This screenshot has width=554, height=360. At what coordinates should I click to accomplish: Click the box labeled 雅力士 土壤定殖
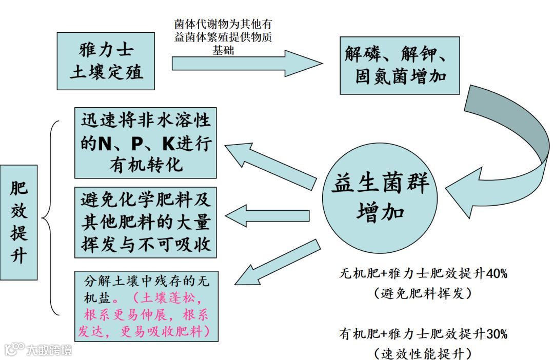pos(106,61)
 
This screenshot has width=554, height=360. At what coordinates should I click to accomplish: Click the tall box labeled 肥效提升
pos(19,222)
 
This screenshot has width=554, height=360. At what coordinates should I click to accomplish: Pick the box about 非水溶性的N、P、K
pos(146,143)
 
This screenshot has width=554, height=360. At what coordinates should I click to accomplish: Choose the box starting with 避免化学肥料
pos(146,222)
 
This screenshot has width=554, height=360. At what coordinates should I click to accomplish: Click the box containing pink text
pos(146,306)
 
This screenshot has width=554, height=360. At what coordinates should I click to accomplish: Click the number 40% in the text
pos(496,273)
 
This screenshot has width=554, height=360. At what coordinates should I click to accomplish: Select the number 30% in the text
pos(496,334)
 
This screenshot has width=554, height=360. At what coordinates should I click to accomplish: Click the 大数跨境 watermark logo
pos(38,349)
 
